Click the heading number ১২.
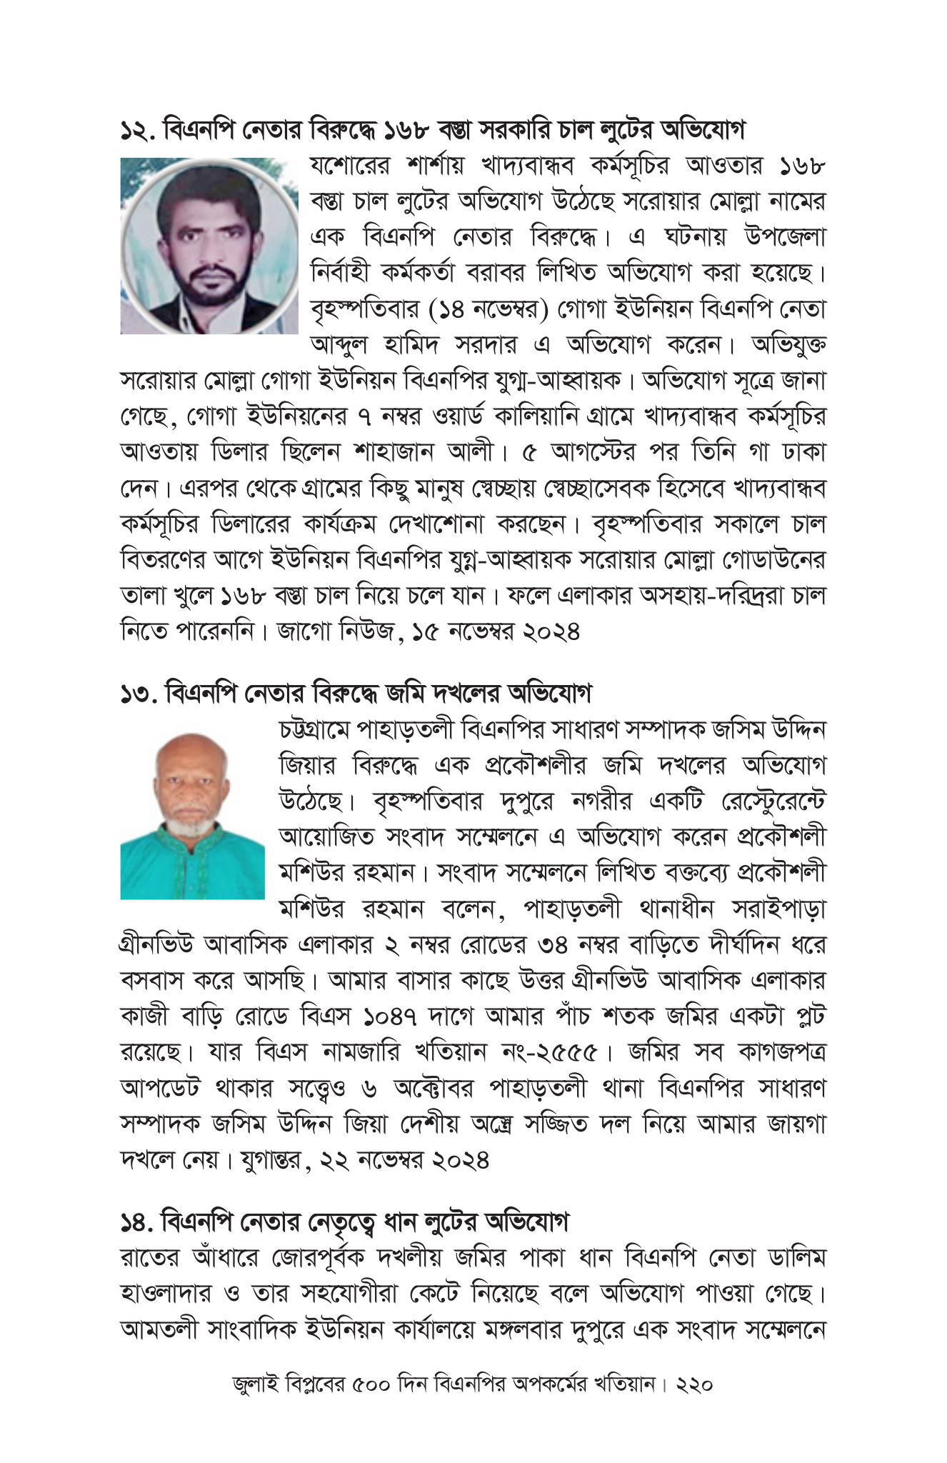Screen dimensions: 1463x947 (138, 131)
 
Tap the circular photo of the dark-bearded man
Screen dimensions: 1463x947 (209, 246)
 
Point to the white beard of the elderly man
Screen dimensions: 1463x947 (191, 827)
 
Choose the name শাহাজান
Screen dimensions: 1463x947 (394, 452)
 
